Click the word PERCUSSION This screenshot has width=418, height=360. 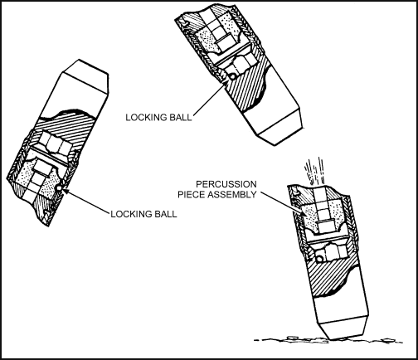pyautogui.click(x=226, y=184)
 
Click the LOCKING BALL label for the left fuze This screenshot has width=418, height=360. pyautogui.click(x=143, y=214)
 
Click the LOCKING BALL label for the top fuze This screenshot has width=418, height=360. pyautogui.click(x=158, y=117)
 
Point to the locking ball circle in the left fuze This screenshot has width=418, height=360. pyautogui.click(x=59, y=188)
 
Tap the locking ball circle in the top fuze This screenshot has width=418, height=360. pyautogui.click(x=232, y=76)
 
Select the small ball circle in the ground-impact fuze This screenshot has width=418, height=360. pyautogui.click(x=319, y=259)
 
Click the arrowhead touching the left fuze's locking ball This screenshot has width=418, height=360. pyautogui.click(x=66, y=191)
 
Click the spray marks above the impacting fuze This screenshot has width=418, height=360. pyautogui.click(x=314, y=171)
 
